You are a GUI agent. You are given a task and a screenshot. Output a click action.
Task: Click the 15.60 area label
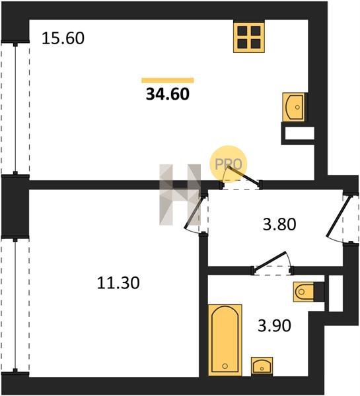63,38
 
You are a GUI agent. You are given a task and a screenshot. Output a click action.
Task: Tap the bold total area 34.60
168,94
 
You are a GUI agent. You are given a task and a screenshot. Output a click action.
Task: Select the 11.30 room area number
118,282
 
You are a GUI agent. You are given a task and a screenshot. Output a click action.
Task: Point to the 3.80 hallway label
279,224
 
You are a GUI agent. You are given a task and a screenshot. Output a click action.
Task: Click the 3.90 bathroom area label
274,325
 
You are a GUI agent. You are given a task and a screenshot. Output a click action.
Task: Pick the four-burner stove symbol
249,38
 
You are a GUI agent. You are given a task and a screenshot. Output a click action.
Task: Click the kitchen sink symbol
293,107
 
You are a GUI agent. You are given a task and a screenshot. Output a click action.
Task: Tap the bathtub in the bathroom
225,340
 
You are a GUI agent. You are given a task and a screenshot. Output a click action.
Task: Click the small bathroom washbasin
262,366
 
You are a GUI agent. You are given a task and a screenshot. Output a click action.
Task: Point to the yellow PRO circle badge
229,164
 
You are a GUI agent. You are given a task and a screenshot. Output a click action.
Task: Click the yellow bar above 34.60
168,81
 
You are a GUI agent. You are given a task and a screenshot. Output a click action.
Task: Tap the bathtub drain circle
225,366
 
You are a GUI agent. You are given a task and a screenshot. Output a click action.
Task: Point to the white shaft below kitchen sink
299,133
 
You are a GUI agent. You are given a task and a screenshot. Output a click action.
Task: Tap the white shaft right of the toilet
335,292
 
